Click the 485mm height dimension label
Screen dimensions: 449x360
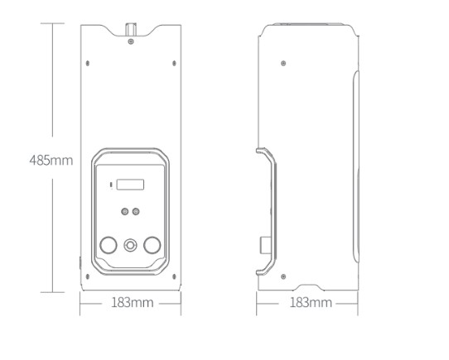click(x=51, y=161)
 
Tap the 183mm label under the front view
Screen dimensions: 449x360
click(x=132, y=302)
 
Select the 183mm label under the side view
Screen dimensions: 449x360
click(x=311, y=302)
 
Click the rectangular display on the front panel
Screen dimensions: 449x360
click(x=130, y=185)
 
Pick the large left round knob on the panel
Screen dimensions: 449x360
click(x=109, y=245)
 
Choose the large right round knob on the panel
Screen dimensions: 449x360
click(x=152, y=245)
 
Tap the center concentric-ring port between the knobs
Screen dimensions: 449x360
click(x=130, y=245)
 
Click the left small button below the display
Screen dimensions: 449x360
click(x=124, y=212)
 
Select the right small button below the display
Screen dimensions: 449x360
click(x=136, y=212)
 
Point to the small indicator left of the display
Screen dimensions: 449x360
click(x=111, y=185)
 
